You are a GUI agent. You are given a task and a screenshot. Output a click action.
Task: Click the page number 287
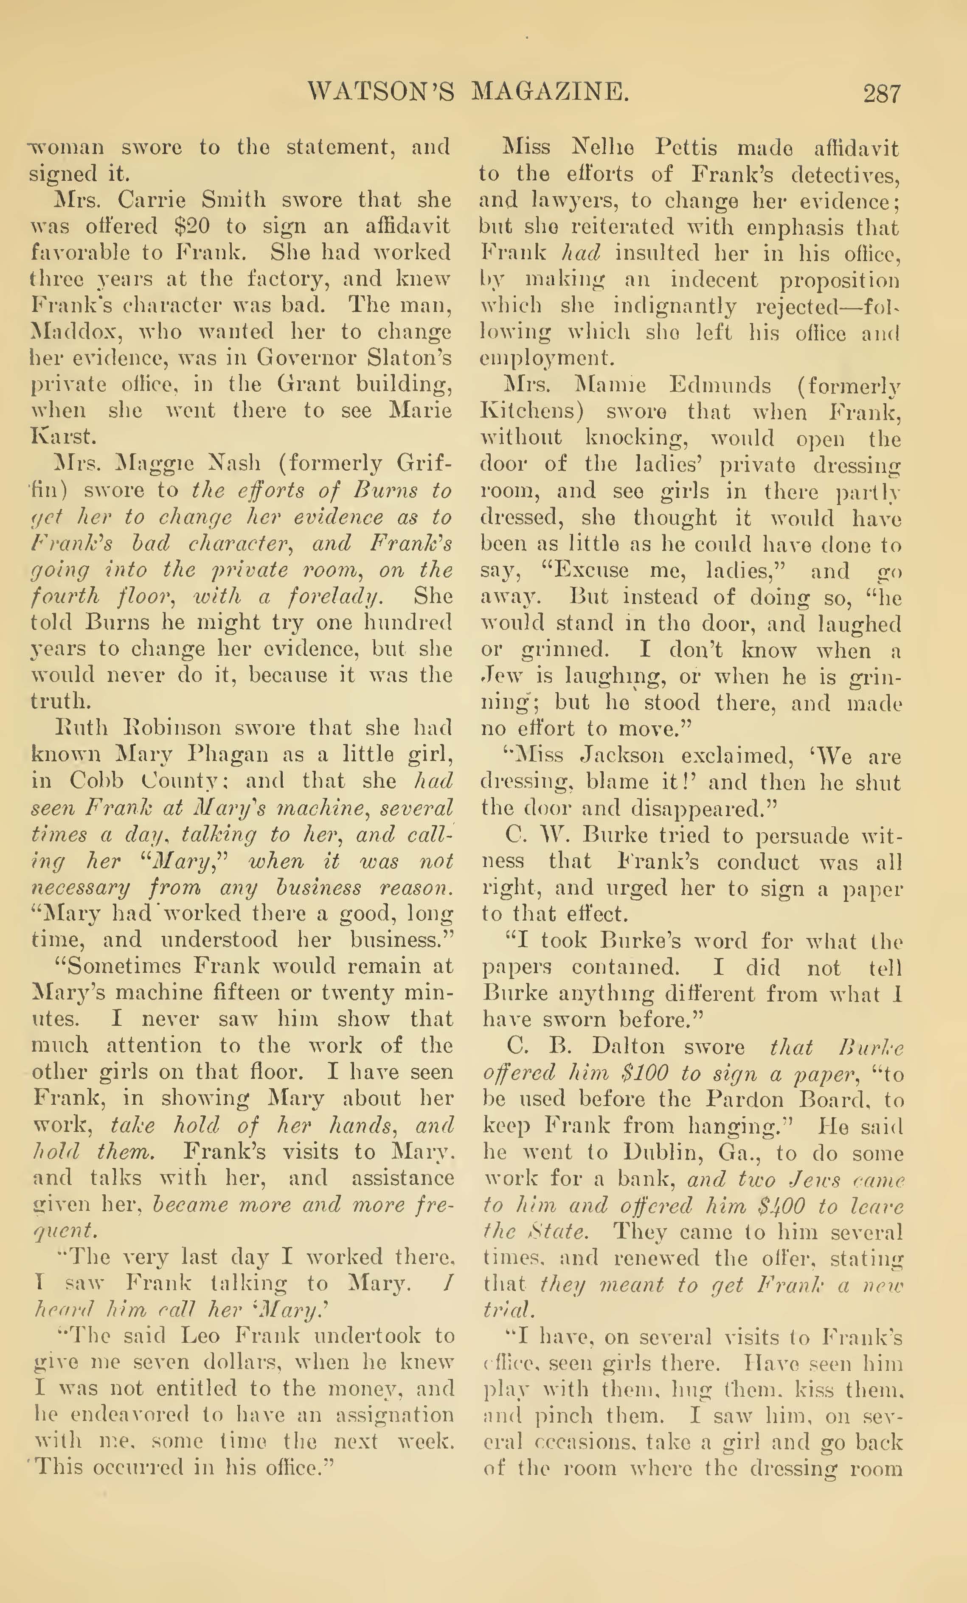point(882,94)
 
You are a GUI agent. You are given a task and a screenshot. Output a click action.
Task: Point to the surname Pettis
point(686,148)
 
